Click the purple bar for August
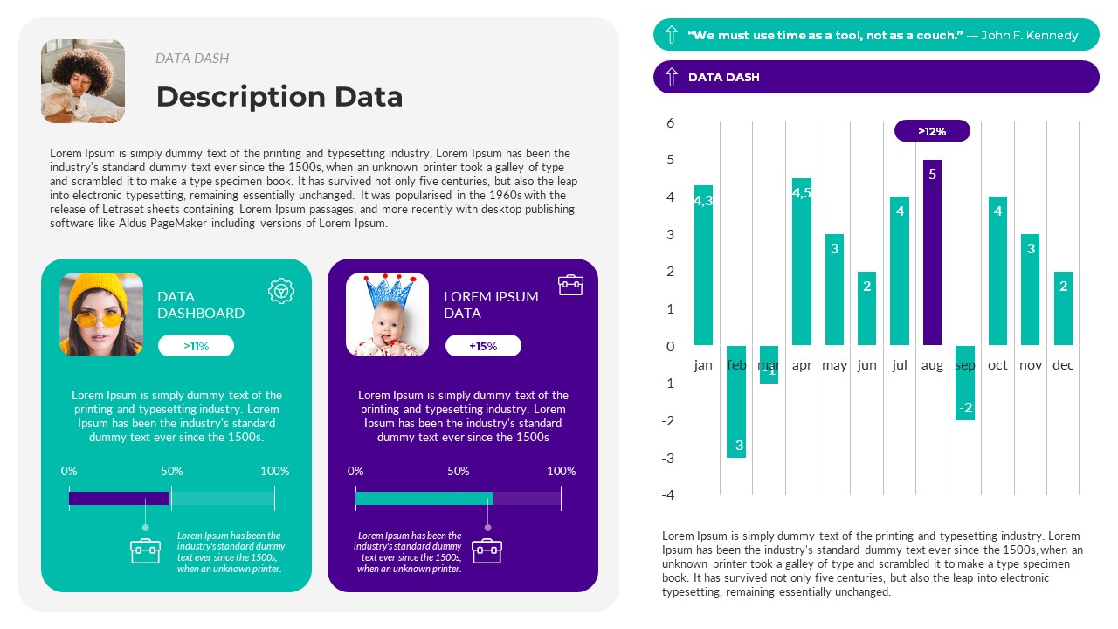pyautogui.click(x=932, y=252)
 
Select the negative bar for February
pyautogui.click(x=736, y=401)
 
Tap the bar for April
pyautogui.click(x=801, y=262)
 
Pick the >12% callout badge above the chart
pyautogui.click(x=932, y=131)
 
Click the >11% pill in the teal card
pyautogui.click(x=196, y=346)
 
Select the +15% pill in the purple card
pyautogui.click(x=483, y=346)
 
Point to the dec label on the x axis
pyautogui.click(x=1063, y=365)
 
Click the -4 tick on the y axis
pyautogui.click(x=667, y=494)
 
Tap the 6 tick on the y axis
pyautogui.click(x=671, y=123)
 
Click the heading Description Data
pyautogui.click(x=279, y=96)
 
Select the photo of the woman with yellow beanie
pyautogui.click(x=101, y=314)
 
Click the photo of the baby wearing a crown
pyautogui.click(x=387, y=314)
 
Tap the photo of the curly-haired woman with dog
pyautogui.click(x=83, y=80)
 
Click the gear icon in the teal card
pyautogui.click(x=280, y=291)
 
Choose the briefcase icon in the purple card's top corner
pyautogui.click(x=570, y=285)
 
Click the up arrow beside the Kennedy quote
pyautogui.click(x=671, y=35)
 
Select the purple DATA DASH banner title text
pyautogui.click(x=723, y=77)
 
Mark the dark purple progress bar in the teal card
pyautogui.click(x=119, y=498)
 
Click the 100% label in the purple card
pyautogui.click(x=561, y=471)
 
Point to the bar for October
pyautogui.click(x=997, y=271)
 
